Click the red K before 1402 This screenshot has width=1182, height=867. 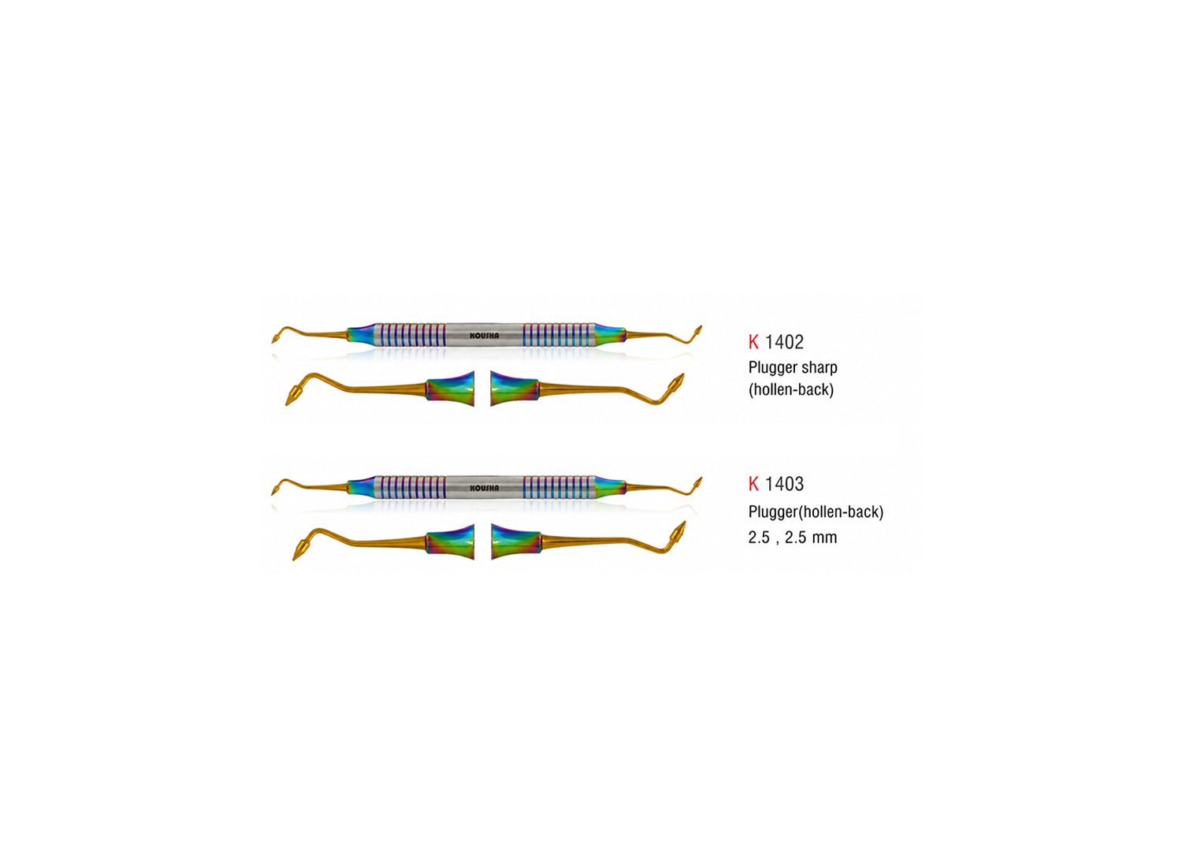[753, 342]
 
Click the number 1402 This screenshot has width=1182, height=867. [784, 342]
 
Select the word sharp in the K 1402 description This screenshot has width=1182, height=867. [819, 368]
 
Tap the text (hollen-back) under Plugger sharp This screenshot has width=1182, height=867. [791, 390]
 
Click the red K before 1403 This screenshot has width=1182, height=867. [753, 483]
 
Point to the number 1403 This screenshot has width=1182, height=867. [784, 483]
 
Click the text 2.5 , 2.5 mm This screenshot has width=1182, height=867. [793, 538]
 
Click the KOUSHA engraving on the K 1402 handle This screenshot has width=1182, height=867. [484, 335]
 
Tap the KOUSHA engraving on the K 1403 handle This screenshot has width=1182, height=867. [484, 488]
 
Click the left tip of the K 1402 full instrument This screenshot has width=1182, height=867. [273, 342]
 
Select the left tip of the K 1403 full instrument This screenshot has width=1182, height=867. [273, 494]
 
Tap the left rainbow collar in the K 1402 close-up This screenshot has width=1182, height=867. [450, 389]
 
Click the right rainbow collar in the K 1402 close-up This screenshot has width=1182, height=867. [515, 389]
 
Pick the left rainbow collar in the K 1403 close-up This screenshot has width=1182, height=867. [450, 542]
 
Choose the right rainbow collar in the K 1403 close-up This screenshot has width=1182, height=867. [516, 542]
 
